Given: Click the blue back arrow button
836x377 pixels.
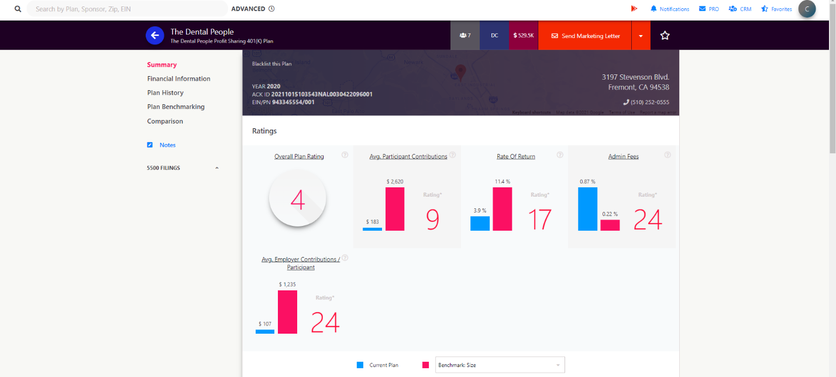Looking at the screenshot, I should point(155,35).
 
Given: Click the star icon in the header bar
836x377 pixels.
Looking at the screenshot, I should point(665,36).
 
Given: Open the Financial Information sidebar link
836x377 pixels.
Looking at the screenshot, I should point(178,78).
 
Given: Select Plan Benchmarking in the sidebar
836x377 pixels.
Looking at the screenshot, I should point(176,107).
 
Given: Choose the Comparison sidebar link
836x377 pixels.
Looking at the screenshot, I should point(165,121).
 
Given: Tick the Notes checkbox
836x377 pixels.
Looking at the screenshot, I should point(150,145).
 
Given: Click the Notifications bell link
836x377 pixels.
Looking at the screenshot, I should point(669,9).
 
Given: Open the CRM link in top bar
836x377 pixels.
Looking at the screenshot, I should point(740,9).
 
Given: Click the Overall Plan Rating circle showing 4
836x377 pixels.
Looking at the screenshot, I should point(298,200).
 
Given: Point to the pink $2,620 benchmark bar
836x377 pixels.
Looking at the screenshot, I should point(395,208).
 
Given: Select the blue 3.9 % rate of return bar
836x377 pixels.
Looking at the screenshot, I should point(480,223).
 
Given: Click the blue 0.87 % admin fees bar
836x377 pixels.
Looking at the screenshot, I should point(587,208).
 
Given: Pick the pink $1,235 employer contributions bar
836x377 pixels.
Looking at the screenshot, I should point(287,311).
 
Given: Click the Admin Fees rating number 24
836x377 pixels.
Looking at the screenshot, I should point(647,219).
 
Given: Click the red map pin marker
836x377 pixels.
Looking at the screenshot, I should point(460,72).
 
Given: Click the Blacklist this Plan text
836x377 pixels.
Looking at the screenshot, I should point(271,64).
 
